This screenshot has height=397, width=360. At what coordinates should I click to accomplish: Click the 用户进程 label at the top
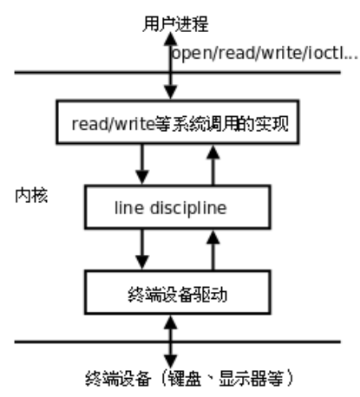point(175,23)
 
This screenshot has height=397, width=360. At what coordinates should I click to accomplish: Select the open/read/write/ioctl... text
point(265,54)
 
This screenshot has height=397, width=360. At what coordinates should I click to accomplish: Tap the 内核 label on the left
point(31,195)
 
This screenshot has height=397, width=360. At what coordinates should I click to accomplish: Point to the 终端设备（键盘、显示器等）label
point(189,379)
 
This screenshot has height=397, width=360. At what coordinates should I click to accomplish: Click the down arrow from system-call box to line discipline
point(142,164)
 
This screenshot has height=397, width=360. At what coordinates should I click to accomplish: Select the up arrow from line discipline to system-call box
point(213,165)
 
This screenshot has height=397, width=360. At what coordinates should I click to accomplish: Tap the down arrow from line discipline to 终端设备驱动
point(142,249)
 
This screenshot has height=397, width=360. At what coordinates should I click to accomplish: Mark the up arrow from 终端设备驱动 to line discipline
point(213,251)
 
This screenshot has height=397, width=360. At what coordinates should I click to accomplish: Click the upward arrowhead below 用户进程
point(171,39)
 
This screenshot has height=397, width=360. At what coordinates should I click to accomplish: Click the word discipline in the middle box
point(188,208)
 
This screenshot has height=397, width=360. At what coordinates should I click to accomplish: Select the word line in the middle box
point(129,207)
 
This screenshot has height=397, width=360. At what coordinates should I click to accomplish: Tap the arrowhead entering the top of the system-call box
point(171,93)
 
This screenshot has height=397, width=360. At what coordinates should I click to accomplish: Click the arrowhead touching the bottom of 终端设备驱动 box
point(171,322)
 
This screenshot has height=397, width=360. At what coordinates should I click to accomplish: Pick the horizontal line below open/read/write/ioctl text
point(178,72)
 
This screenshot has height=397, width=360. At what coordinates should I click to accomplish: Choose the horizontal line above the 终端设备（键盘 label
point(178,342)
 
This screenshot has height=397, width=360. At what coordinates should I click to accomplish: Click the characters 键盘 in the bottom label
point(185,379)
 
